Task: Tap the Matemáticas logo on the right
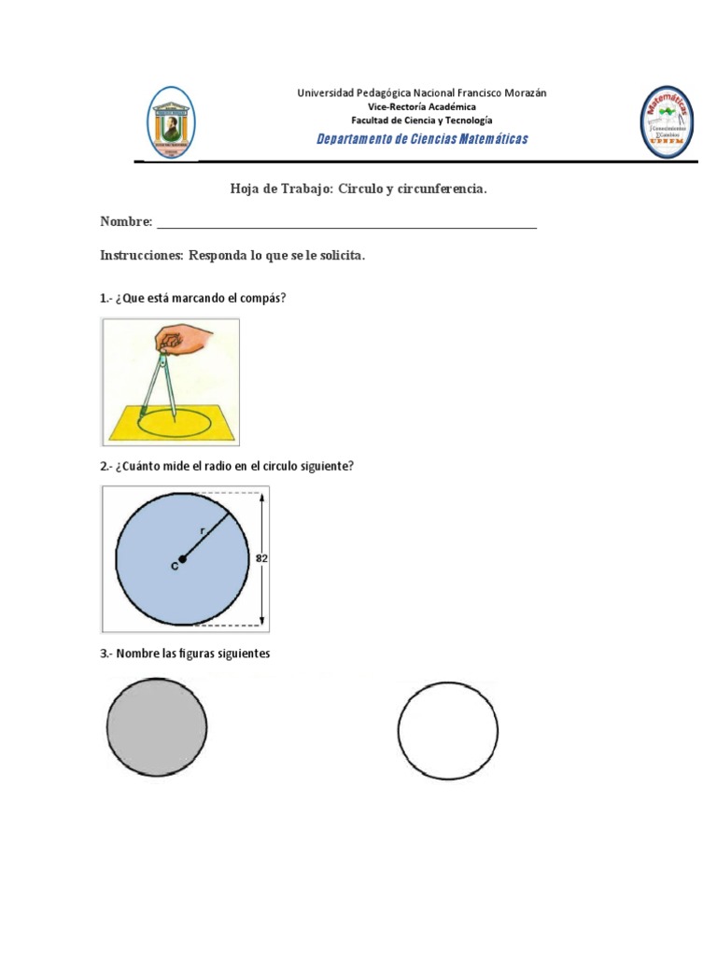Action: coord(667,122)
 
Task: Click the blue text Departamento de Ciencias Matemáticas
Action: coord(422,139)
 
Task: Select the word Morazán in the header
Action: coord(525,92)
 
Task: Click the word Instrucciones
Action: coord(141,255)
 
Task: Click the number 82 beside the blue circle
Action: coord(262,558)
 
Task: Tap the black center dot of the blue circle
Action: coord(183,559)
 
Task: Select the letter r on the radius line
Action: coord(203,530)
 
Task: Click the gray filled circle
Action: coord(157,727)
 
